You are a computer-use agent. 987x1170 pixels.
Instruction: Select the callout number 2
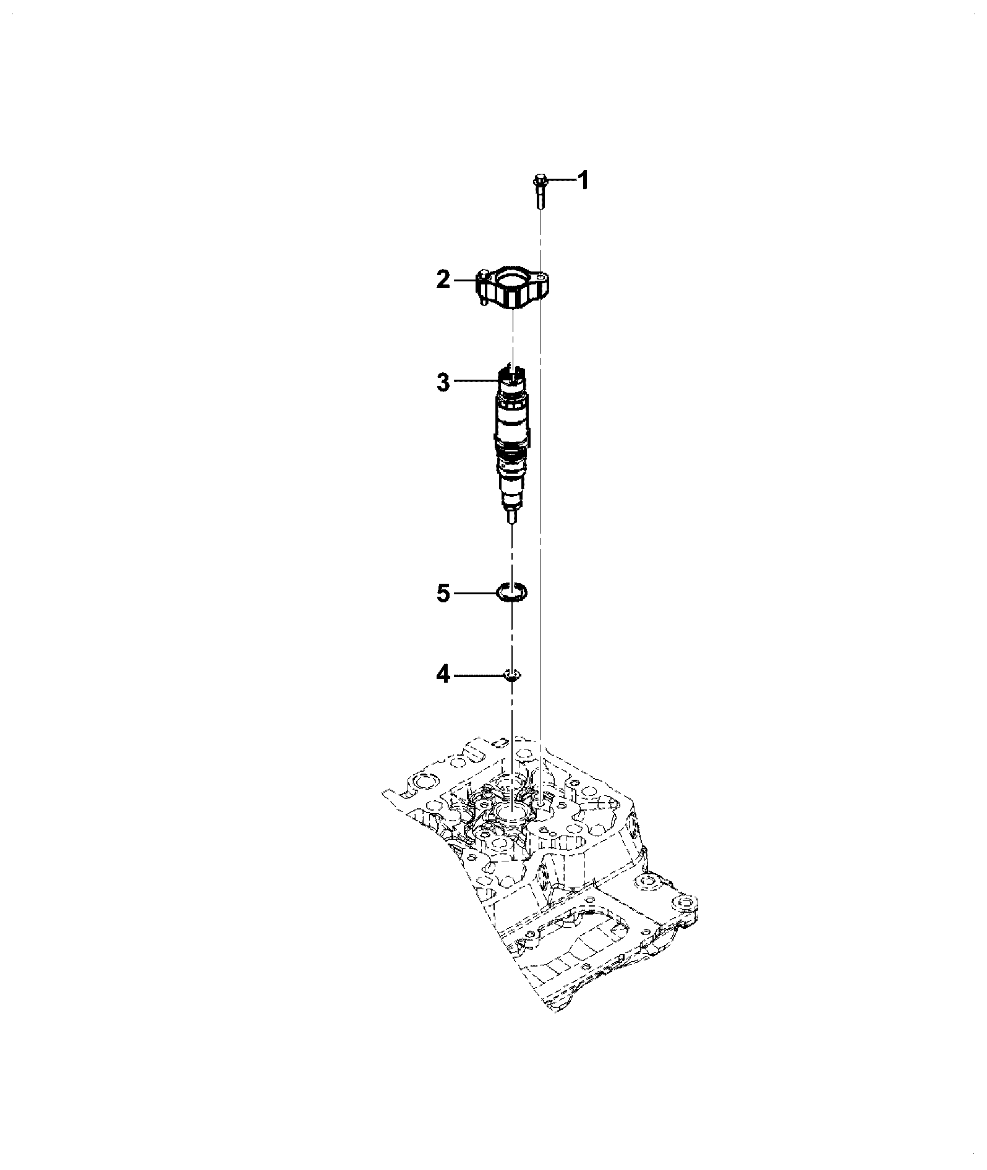click(443, 280)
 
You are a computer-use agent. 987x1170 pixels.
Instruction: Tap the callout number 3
click(443, 382)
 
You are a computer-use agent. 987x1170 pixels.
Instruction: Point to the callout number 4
click(443, 675)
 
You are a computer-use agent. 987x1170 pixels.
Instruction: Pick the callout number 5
click(443, 594)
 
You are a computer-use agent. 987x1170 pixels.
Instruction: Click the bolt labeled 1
click(539, 193)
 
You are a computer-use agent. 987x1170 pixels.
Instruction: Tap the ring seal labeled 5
click(512, 592)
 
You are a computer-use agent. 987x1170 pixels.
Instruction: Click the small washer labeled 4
click(512, 675)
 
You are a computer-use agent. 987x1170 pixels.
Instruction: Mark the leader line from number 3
click(475, 382)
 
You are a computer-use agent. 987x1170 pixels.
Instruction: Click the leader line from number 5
click(476, 594)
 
